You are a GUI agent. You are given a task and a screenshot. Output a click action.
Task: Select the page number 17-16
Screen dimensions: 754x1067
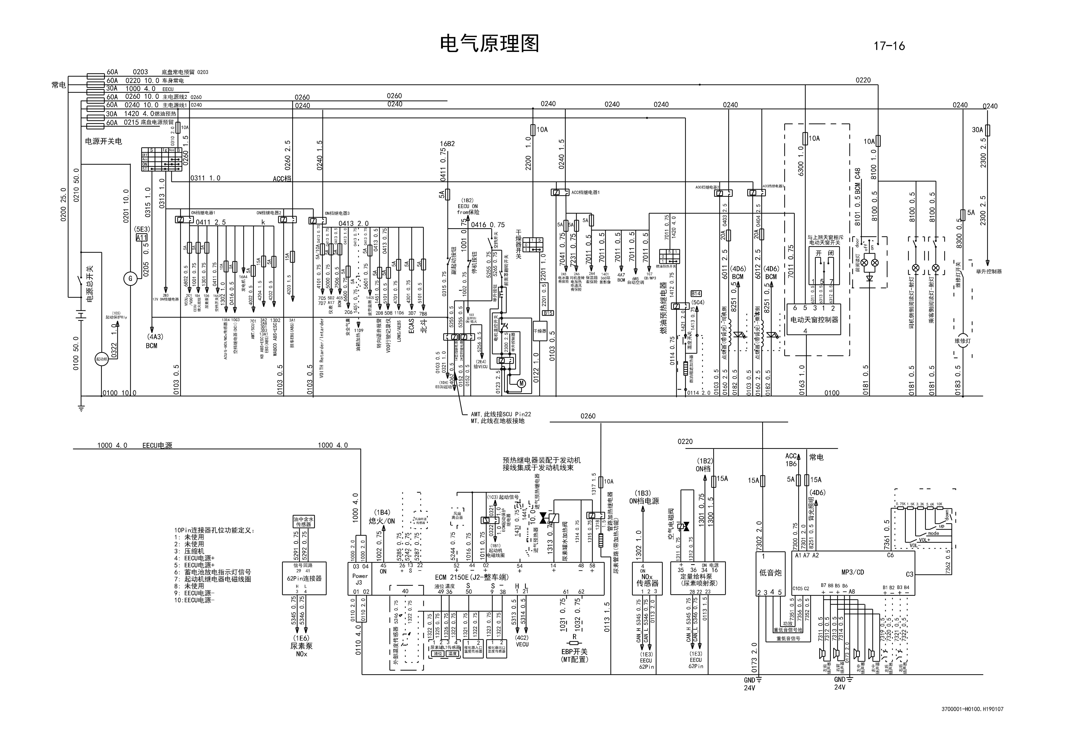point(889,46)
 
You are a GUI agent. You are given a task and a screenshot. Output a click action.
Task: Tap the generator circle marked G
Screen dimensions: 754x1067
point(130,279)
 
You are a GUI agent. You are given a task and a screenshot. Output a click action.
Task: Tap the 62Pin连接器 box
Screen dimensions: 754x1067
point(304,578)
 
